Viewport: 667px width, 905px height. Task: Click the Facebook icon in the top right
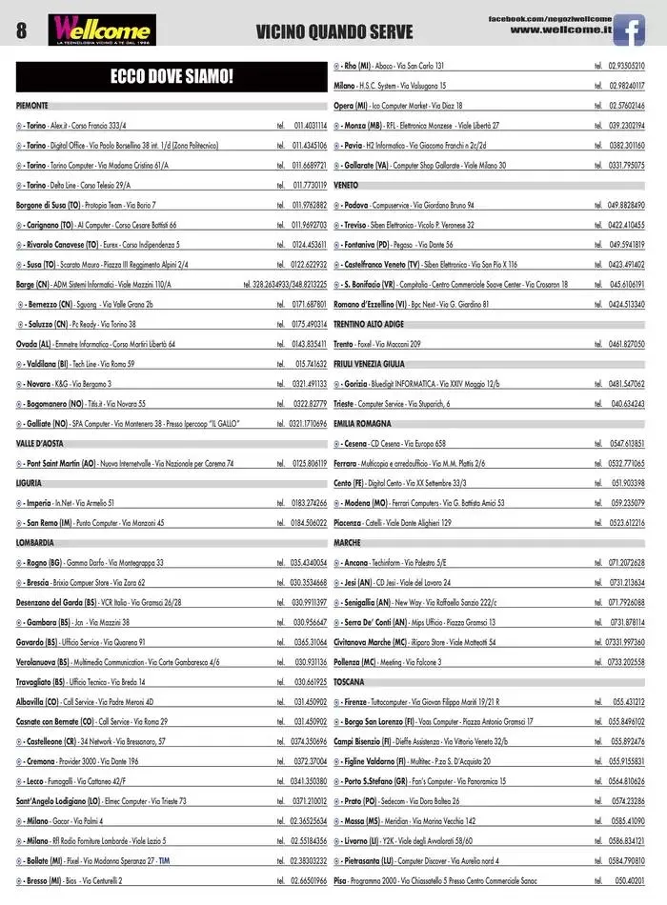[x=629, y=30]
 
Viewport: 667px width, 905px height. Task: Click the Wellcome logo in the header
[x=103, y=30]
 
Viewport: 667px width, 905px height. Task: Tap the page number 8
[x=21, y=31]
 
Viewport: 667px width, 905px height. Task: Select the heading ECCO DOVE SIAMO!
[x=172, y=76]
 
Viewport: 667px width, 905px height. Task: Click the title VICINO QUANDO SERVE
[x=334, y=32]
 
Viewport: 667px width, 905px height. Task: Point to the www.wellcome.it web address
[x=560, y=30]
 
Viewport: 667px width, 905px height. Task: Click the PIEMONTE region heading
[x=32, y=105]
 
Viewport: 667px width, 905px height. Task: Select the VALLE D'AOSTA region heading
[x=40, y=443]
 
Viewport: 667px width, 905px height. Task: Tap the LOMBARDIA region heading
[x=35, y=542]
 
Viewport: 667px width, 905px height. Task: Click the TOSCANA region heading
[x=349, y=682]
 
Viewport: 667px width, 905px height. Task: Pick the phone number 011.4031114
[x=310, y=125]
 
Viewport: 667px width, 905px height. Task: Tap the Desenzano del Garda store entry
[x=98, y=602]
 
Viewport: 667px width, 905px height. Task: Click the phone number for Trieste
[x=626, y=404]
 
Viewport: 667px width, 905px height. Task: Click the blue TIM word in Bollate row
[x=164, y=860]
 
